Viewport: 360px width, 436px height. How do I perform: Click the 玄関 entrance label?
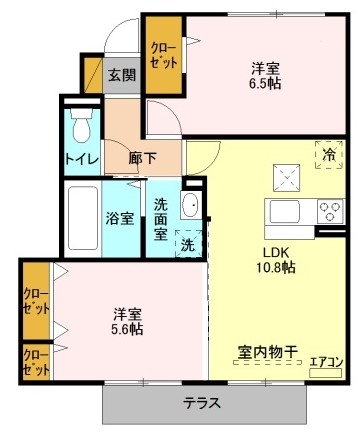tap(121, 75)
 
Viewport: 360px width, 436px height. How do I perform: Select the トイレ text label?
tap(81, 158)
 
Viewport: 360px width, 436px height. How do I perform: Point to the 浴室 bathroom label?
tap(121, 218)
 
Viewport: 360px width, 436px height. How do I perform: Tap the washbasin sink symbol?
tap(191, 206)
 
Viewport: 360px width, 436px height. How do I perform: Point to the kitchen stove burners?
tap(330, 211)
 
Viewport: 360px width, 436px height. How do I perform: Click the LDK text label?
tap(276, 252)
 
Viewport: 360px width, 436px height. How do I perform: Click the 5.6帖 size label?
tap(126, 328)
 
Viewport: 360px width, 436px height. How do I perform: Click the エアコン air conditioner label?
tap(325, 362)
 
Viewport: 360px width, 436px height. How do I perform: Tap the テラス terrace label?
tap(202, 404)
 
